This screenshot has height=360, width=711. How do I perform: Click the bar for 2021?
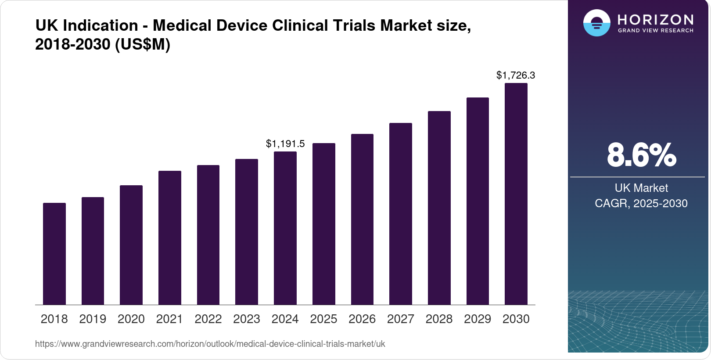pyautogui.click(x=170, y=238)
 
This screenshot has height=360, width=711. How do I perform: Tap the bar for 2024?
pyautogui.click(x=285, y=228)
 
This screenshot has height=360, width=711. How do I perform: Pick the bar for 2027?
pyautogui.click(x=401, y=214)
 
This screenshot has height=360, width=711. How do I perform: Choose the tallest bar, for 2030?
pyautogui.click(x=516, y=194)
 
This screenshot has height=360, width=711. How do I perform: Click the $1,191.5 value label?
pyautogui.click(x=285, y=144)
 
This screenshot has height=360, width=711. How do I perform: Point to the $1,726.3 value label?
pyautogui.click(x=516, y=75)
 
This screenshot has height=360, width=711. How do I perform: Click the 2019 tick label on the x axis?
pyautogui.click(x=93, y=319)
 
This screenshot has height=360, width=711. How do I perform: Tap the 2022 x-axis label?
pyautogui.click(x=208, y=319)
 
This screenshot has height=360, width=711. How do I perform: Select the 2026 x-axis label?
pyautogui.click(x=362, y=319)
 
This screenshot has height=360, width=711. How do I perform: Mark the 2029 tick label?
pyautogui.click(x=478, y=319)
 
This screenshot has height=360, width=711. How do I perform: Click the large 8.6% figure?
pyautogui.click(x=641, y=155)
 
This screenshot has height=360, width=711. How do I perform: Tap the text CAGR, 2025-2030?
pyautogui.click(x=641, y=203)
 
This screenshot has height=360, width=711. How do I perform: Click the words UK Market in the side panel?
pyautogui.click(x=641, y=188)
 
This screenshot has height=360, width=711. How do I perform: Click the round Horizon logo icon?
pyautogui.click(x=596, y=23)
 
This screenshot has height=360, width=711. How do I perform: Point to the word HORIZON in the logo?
pyautogui.click(x=655, y=19)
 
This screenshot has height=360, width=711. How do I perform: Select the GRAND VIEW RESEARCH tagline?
pyautogui.click(x=655, y=31)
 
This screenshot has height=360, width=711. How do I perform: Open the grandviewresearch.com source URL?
pyautogui.click(x=210, y=344)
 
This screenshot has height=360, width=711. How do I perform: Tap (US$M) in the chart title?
pyautogui.click(x=143, y=44)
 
